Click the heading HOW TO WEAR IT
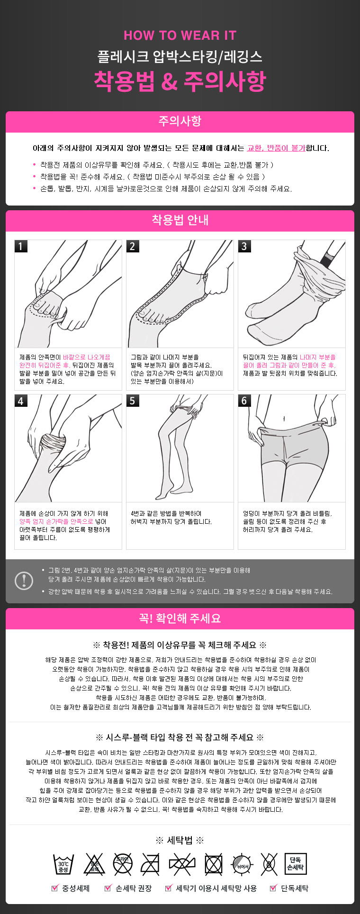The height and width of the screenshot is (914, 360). tap(180, 36)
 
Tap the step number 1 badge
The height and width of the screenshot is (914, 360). tap(21, 246)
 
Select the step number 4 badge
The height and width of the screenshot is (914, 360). tap(21, 401)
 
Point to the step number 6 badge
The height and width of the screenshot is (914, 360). tap(244, 401)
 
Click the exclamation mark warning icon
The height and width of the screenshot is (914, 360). tap(24, 581)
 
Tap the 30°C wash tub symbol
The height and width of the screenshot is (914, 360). tap(63, 865)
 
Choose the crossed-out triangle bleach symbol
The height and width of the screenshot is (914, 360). tap(94, 865)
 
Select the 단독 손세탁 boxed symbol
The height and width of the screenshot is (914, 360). tap(296, 864)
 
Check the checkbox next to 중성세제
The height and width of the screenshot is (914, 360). tap(54, 888)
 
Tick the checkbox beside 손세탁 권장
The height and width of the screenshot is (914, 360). tap(108, 888)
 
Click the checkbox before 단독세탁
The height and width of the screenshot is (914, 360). tap(273, 888)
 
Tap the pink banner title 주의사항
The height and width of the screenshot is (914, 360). tap(180, 121)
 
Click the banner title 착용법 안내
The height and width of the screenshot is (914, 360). tap(180, 220)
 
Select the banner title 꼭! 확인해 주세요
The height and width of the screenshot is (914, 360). tap(180, 618)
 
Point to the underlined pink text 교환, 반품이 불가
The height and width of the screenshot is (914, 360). tap(276, 148)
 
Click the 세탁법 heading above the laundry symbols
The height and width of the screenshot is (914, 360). tap(180, 841)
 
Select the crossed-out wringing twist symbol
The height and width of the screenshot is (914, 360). tap(182, 865)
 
